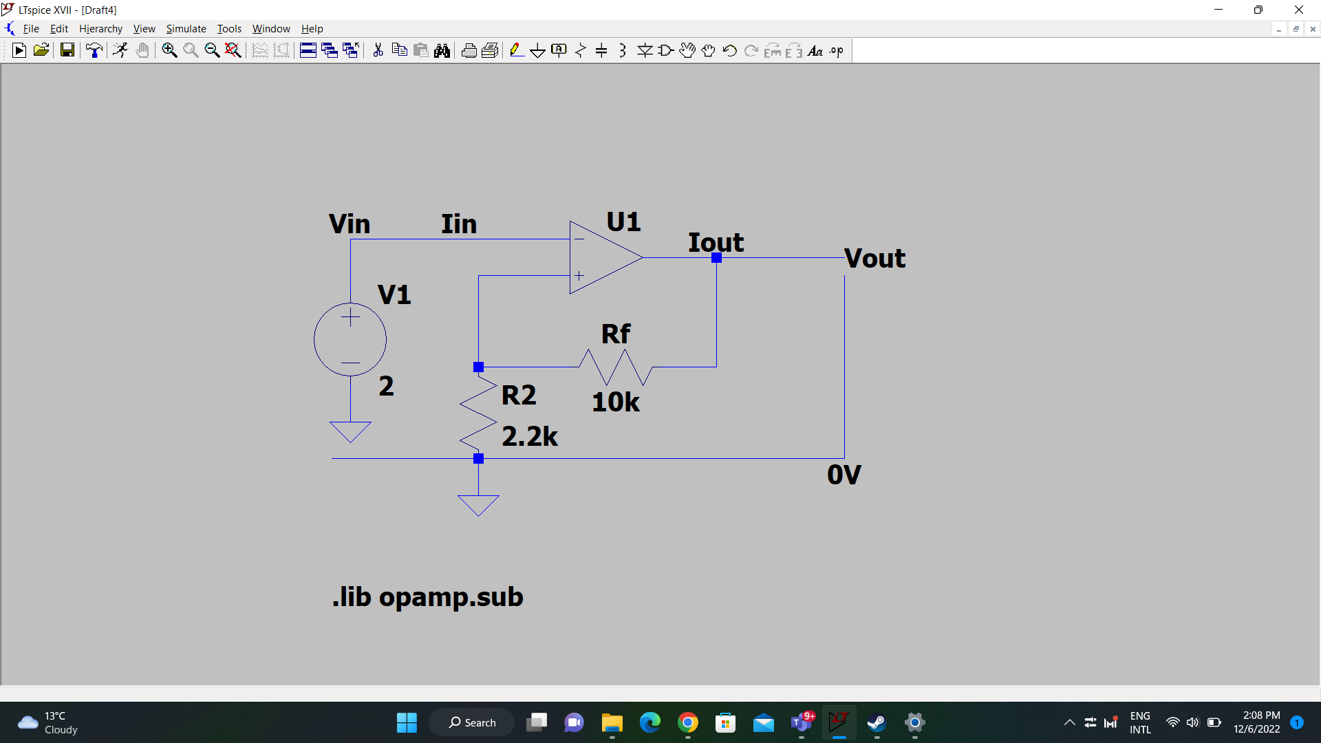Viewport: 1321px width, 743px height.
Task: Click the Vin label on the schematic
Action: pyautogui.click(x=350, y=224)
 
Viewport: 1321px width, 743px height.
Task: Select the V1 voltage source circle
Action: pyautogui.click(x=350, y=303)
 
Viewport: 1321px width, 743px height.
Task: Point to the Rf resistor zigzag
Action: pyautogui.click(x=616, y=367)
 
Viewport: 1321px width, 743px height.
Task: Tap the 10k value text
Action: pyautogui.click(x=616, y=402)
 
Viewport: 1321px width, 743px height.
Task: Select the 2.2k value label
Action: pyautogui.click(x=530, y=436)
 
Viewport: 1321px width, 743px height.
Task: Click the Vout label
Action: pyautogui.click(x=875, y=258)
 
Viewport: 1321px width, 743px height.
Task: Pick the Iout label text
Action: pyautogui.click(x=716, y=242)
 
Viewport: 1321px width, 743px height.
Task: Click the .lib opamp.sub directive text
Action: pyautogui.click(x=428, y=596)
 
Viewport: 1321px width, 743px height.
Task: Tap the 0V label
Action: pyautogui.click(x=844, y=475)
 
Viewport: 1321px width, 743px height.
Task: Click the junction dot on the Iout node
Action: pyautogui.click(x=716, y=257)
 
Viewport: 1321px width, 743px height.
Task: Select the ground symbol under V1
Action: pyautogui.click(x=350, y=431)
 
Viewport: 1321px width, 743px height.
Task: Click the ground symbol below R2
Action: pyautogui.click(x=478, y=505)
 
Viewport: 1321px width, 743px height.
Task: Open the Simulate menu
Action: pyautogui.click(x=186, y=29)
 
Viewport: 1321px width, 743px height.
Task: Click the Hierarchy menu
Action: pyautogui.click(x=100, y=29)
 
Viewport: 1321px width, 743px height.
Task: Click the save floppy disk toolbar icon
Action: pyautogui.click(x=67, y=50)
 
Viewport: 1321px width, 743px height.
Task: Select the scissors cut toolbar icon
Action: pyautogui.click(x=378, y=50)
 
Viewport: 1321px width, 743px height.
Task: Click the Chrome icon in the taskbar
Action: pyautogui.click(x=687, y=722)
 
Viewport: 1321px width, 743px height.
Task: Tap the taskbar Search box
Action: pyautogui.click(x=472, y=722)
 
